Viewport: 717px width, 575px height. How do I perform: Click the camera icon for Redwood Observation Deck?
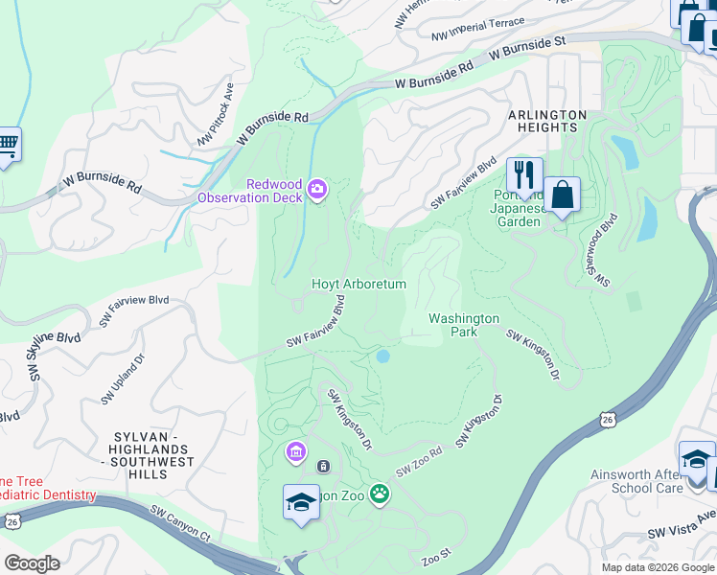[317, 192]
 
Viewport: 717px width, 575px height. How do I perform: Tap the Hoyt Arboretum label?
[359, 285]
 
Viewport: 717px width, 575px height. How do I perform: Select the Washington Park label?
[463, 325]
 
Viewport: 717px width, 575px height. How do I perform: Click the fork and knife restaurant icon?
[523, 175]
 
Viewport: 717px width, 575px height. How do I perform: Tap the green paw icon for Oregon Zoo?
[381, 494]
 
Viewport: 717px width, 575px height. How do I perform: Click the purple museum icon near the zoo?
[295, 450]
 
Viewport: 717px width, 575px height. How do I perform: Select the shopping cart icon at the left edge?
[8, 145]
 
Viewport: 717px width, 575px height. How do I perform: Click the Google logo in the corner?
[31, 563]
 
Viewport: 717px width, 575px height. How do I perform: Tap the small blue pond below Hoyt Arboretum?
[383, 356]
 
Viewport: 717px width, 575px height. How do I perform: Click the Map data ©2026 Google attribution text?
[657, 567]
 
